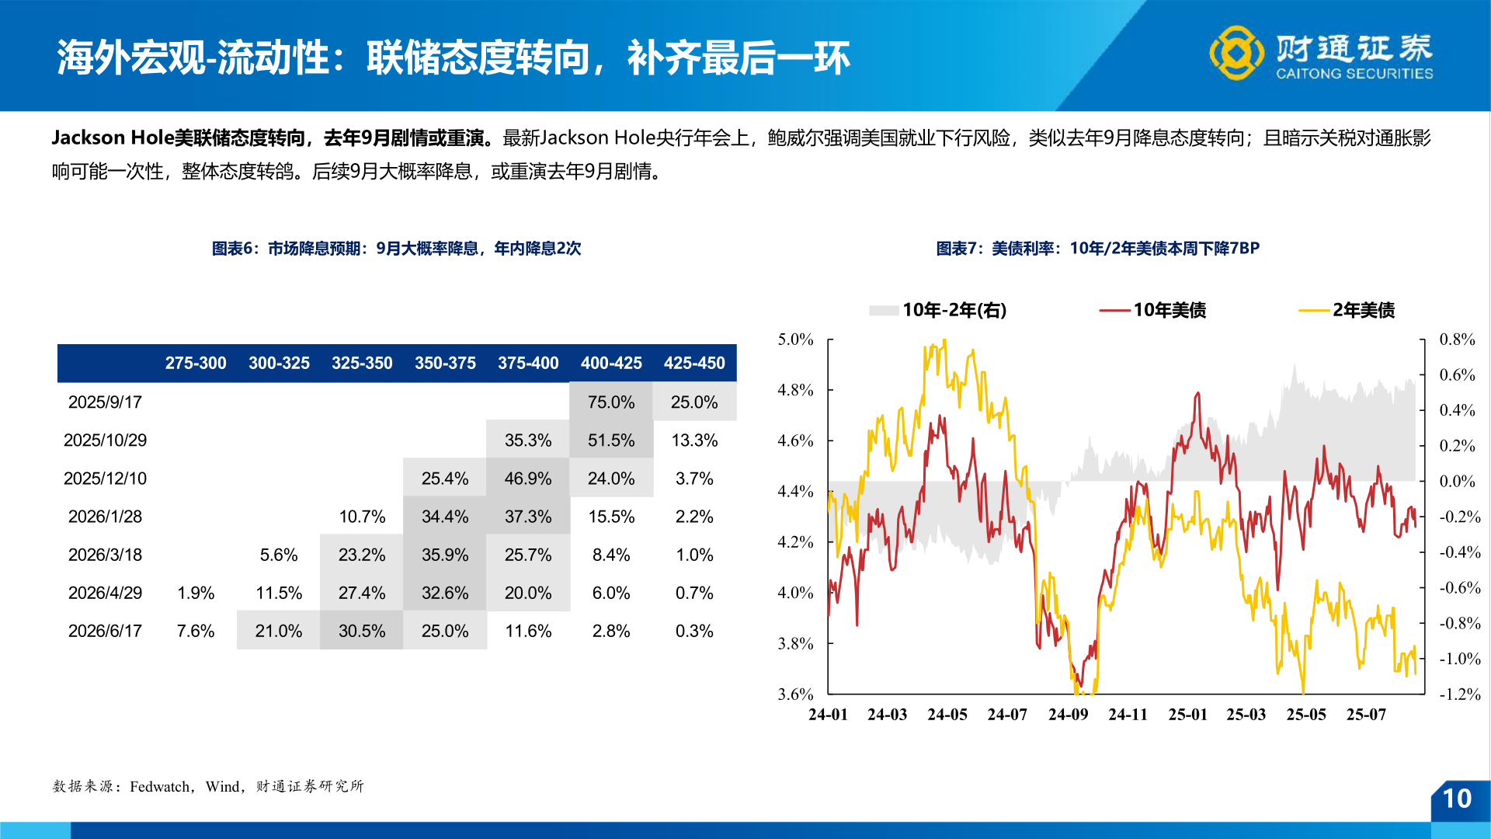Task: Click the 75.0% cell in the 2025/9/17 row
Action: pos(610,402)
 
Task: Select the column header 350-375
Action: pos(445,363)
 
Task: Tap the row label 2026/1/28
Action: pos(105,517)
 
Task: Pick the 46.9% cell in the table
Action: pos(527,479)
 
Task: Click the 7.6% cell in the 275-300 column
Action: pos(195,631)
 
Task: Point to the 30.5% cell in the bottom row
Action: pos(361,631)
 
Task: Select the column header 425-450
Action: pos(694,363)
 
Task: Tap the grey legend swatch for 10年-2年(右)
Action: pos(884,311)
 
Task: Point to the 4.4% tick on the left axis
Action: pos(795,491)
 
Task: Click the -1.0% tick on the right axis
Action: pos(1459,659)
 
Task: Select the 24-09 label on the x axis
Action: pos(1068,715)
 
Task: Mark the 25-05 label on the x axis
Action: pos(1306,715)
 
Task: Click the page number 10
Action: pos(1457,799)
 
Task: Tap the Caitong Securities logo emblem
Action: pos(1236,53)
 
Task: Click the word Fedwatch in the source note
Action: pos(160,786)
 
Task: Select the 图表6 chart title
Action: pos(396,249)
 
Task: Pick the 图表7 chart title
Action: pos(1097,249)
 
